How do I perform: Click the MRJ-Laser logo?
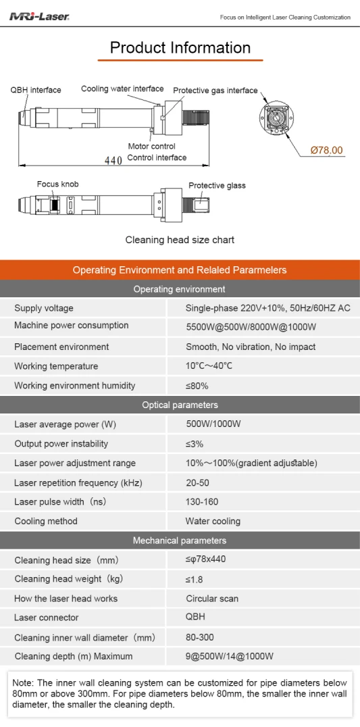click(x=39, y=17)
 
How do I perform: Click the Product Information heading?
click(x=180, y=48)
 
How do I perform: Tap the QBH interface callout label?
click(x=36, y=90)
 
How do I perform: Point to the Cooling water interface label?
click(x=122, y=89)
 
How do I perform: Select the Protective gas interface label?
click(x=215, y=91)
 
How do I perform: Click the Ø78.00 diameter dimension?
click(x=327, y=150)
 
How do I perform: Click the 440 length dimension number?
click(x=113, y=160)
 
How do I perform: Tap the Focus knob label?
click(x=58, y=184)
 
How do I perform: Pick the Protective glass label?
click(x=217, y=185)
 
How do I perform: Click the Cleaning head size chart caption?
click(x=180, y=240)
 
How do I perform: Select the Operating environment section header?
click(x=180, y=289)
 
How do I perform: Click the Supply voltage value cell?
click(x=267, y=308)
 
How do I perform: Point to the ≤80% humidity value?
click(x=197, y=385)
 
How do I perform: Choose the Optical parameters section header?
click(x=180, y=405)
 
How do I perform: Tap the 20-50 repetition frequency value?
click(x=197, y=482)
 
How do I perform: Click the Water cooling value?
click(x=213, y=521)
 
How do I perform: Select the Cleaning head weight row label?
click(x=69, y=579)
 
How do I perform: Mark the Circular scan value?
click(x=212, y=599)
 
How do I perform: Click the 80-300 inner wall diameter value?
click(x=200, y=638)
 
